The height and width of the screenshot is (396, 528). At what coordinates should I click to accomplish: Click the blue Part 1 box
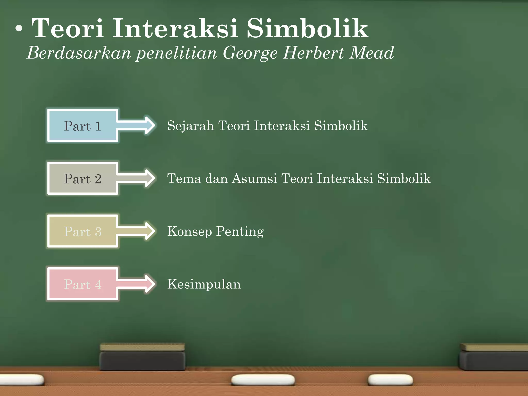(82, 126)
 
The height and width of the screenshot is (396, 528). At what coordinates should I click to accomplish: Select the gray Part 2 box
(82, 178)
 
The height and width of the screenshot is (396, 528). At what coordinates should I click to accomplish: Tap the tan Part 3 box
(82, 231)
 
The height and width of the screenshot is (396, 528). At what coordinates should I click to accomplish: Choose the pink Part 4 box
(82, 284)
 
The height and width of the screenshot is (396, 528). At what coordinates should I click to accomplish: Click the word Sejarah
(190, 126)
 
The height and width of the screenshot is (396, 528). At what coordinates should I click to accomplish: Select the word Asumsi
(254, 178)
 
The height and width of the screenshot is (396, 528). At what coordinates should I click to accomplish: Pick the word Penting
(240, 232)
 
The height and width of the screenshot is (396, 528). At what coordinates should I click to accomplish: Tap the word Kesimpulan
(204, 284)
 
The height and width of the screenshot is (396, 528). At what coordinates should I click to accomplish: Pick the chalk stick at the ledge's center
(263, 380)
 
